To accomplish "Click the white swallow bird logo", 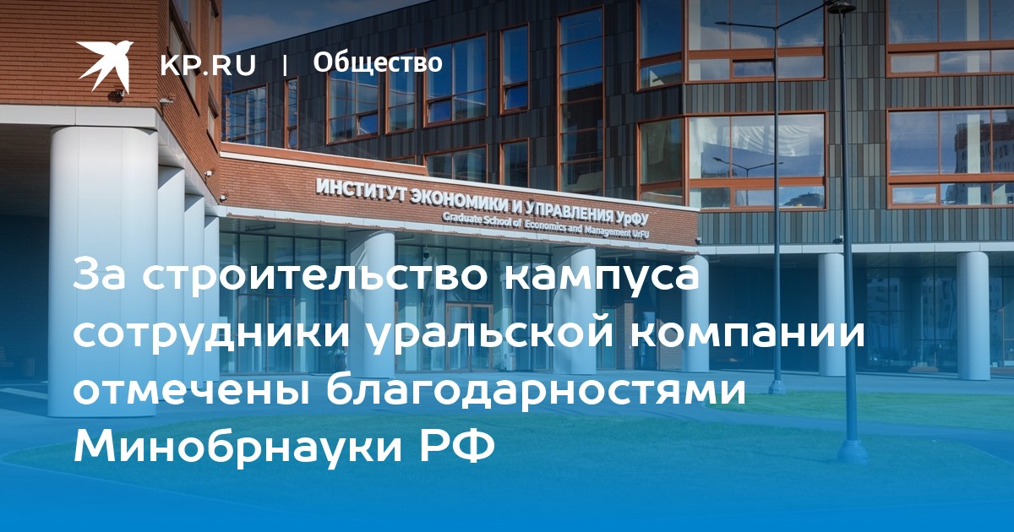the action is (x=105, y=65).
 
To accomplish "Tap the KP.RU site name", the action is (x=208, y=65).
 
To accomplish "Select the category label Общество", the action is (x=378, y=62).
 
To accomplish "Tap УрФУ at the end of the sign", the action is (x=632, y=219).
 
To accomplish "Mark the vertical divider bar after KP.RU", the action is (x=284, y=66).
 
